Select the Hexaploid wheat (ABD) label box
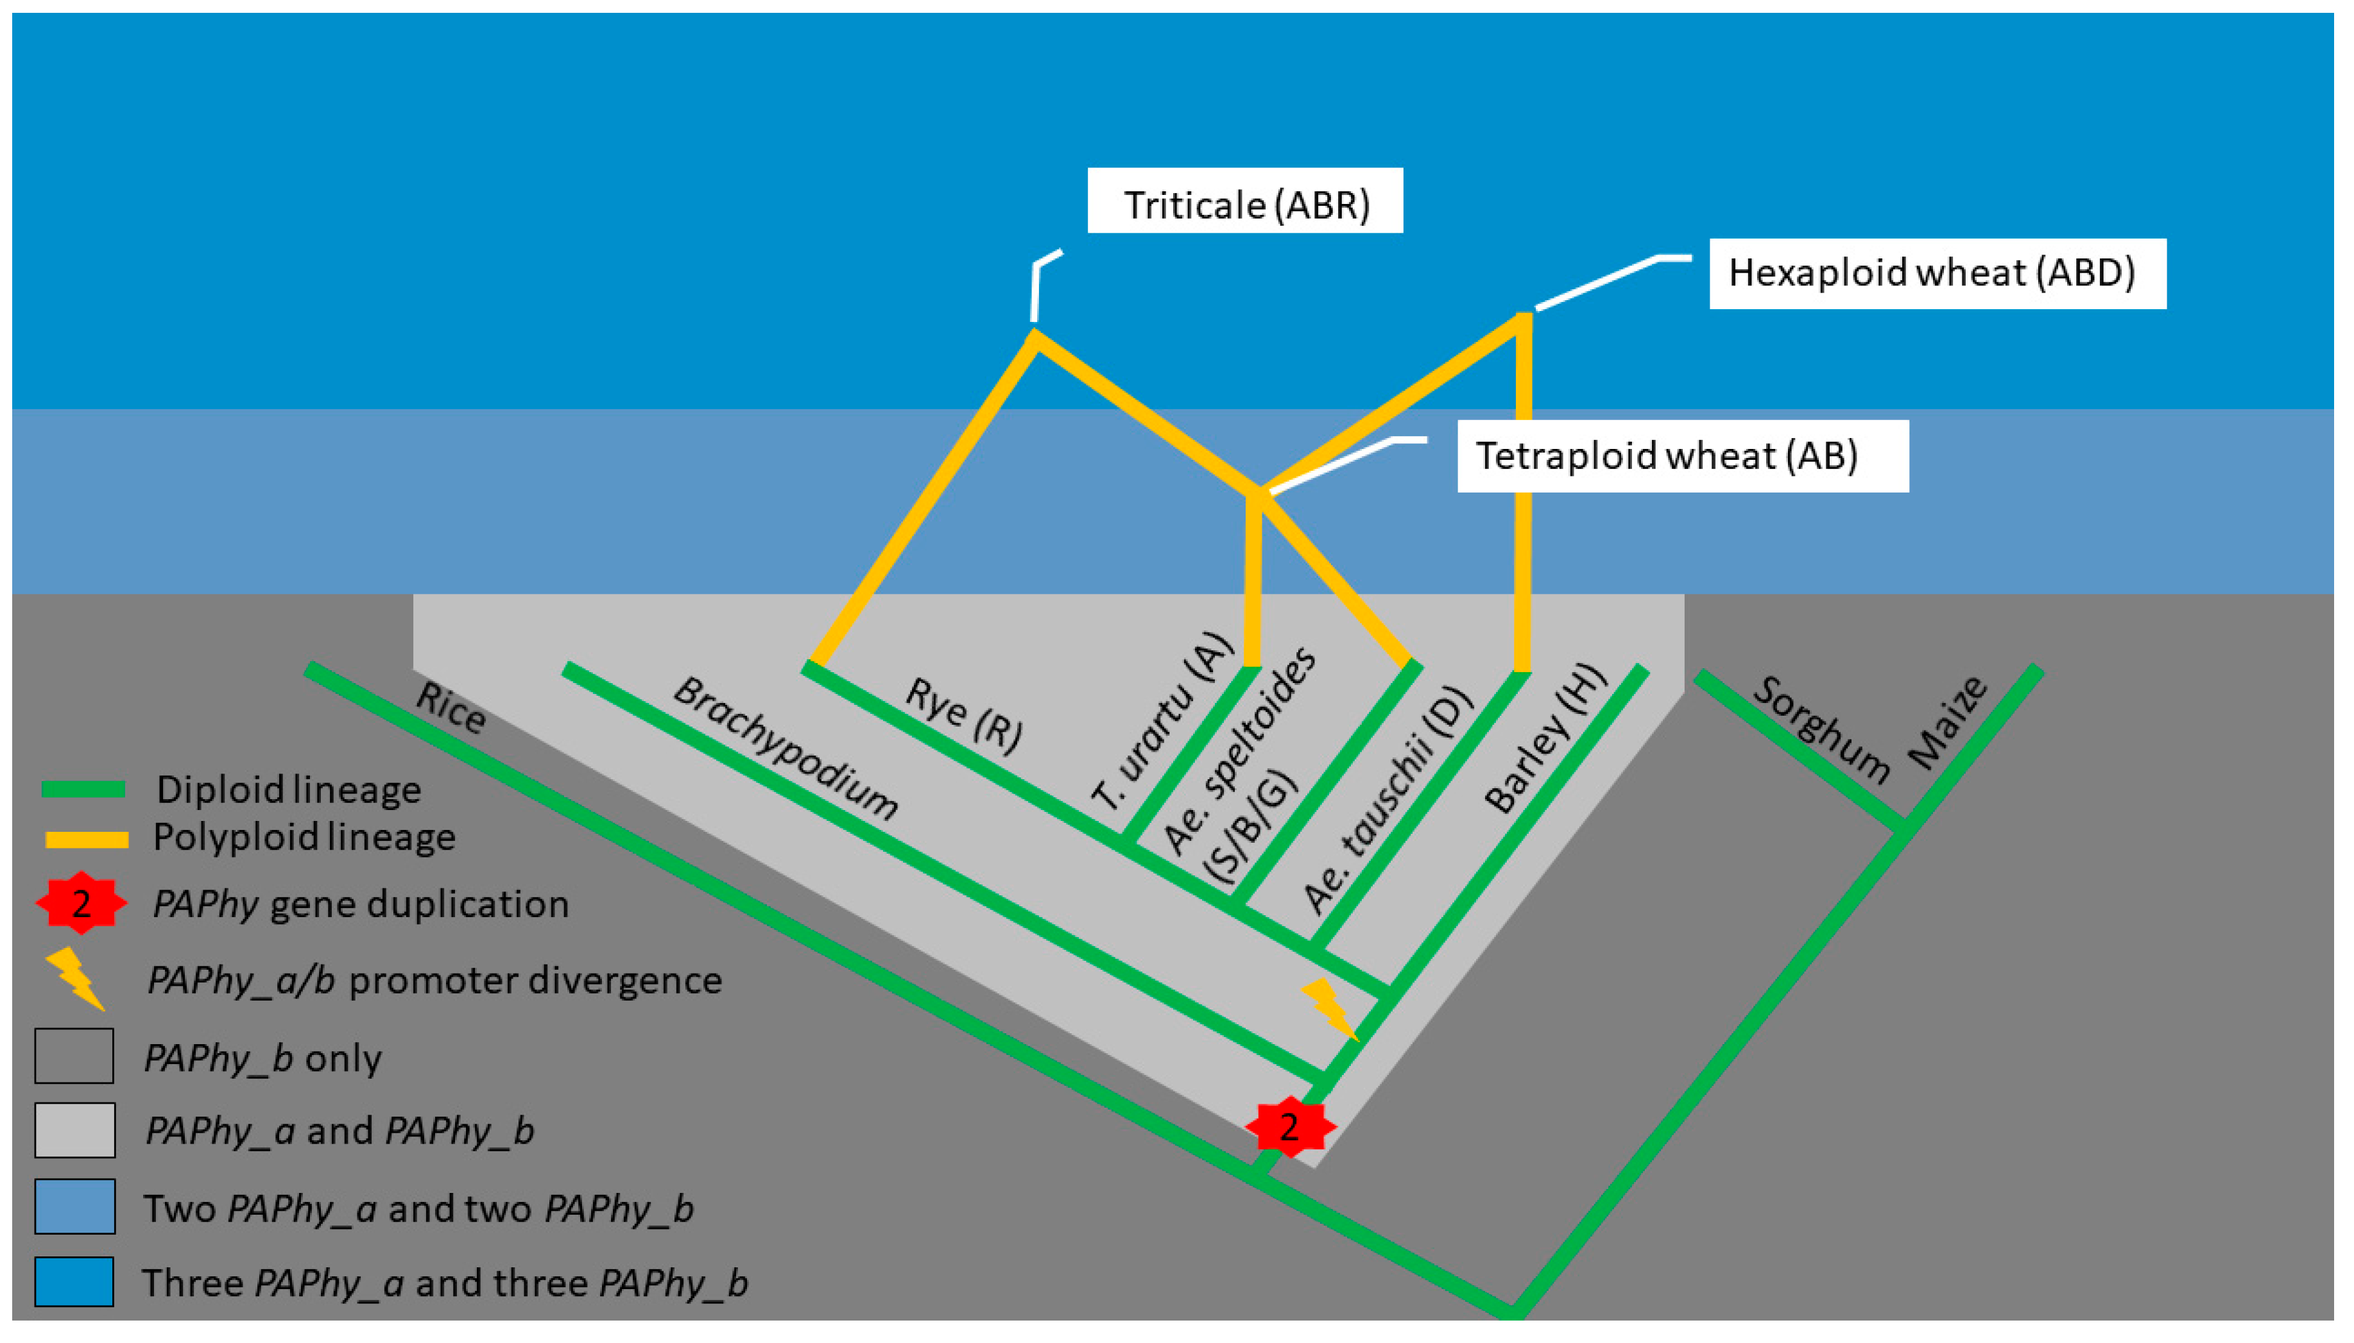pos(1936,273)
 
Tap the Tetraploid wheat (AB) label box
pos(1681,455)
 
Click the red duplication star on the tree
pos(1289,1126)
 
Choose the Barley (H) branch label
pos(1544,739)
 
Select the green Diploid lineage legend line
pos(83,790)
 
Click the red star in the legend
pos(82,903)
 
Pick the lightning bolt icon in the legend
pos(76,979)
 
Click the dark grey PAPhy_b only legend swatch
pos(74,1056)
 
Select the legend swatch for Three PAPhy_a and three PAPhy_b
pos(74,1281)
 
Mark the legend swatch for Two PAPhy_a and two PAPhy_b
pos(74,1206)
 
